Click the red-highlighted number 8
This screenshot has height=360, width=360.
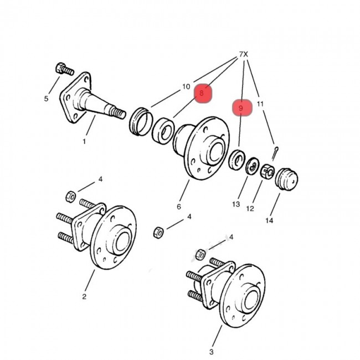click(202, 94)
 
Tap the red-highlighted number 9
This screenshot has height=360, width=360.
click(241, 108)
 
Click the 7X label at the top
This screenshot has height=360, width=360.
click(243, 54)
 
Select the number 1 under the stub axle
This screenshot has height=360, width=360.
click(84, 141)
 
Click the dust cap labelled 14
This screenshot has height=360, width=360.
click(286, 179)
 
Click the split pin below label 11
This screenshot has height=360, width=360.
click(275, 151)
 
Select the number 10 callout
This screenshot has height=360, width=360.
click(186, 87)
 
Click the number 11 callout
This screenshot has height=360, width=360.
click(260, 104)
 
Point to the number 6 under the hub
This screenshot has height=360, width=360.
click(179, 207)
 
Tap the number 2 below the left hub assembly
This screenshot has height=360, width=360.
click(84, 296)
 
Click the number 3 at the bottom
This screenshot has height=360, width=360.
click(212, 351)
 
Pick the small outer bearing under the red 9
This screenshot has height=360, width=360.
click(237, 160)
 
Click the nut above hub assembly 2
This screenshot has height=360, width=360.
click(71, 196)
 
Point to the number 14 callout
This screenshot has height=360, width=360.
click(269, 220)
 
